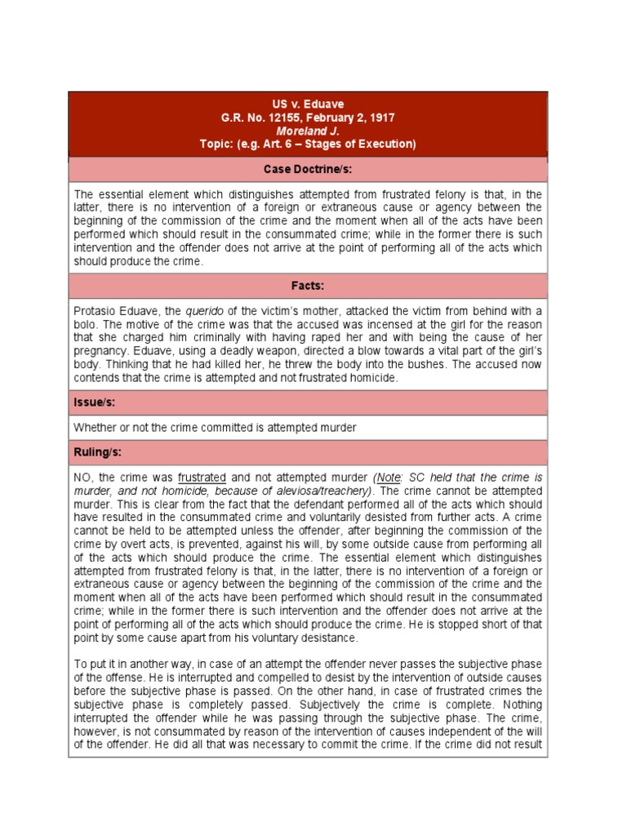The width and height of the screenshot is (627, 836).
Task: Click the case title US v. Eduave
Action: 308,104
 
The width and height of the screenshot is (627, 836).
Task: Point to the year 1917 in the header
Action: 382,118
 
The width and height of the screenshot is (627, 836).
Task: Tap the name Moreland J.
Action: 307,131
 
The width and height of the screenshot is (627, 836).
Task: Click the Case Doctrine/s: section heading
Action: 308,169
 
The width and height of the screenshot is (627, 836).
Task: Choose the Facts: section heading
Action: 308,286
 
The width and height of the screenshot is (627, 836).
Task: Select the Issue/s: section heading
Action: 96,402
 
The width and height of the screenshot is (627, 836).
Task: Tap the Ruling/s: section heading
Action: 100,451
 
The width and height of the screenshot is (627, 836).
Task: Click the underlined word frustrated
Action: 202,476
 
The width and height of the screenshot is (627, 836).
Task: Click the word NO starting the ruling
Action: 84,476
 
